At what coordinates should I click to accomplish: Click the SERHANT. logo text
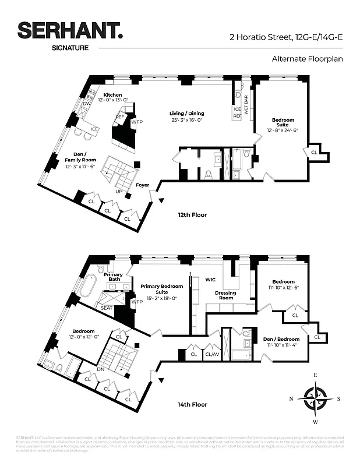(70, 31)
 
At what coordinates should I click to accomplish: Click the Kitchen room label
(112, 95)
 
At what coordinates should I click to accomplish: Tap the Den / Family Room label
(80, 160)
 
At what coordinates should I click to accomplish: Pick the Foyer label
(142, 185)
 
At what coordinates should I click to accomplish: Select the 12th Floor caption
(192, 215)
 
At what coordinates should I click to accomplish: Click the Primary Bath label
(113, 277)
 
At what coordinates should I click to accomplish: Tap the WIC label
(210, 280)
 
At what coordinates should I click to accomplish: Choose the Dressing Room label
(225, 295)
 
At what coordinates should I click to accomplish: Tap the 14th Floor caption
(192, 404)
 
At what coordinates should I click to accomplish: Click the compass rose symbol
(316, 398)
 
